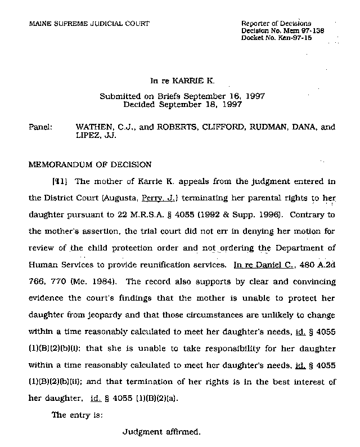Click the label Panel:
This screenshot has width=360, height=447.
[39, 127]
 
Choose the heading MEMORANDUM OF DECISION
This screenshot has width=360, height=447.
[89, 165]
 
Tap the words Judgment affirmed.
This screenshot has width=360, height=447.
[161, 433]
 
